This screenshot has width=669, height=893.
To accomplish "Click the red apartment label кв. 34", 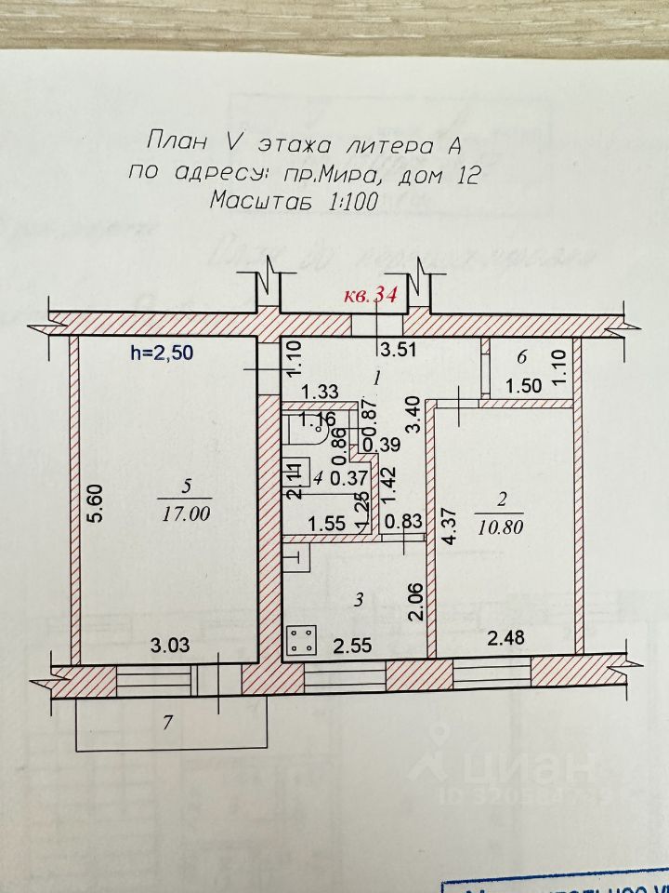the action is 371,297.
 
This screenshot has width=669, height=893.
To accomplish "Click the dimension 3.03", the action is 171,646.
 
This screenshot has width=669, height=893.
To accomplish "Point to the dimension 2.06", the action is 417,601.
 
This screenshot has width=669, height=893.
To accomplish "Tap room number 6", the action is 522,356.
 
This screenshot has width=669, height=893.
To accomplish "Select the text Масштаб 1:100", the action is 293,200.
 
